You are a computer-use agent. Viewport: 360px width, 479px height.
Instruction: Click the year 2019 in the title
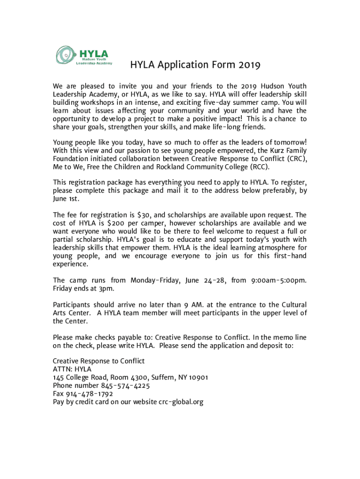(248, 65)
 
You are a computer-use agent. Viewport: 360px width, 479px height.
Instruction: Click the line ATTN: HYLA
(72, 369)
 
